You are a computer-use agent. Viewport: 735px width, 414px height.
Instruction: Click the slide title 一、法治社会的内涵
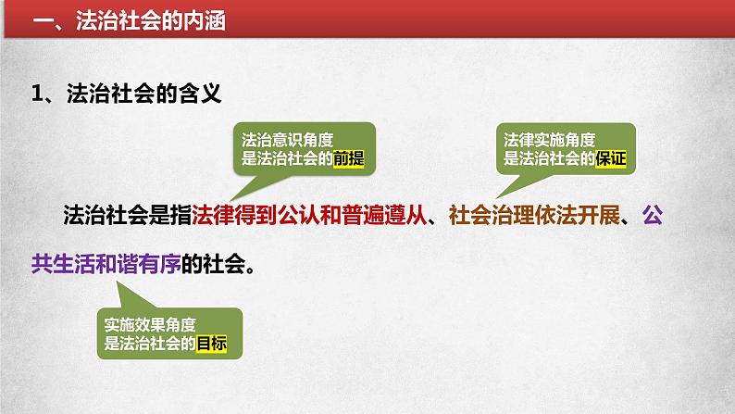[130, 21]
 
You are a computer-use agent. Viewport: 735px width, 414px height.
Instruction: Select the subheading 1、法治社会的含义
[126, 93]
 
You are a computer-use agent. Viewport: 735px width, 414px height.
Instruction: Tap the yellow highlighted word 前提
[348, 158]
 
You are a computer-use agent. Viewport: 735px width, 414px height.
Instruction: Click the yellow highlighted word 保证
[610, 158]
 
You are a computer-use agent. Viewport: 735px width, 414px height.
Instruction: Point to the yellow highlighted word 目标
[211, 344]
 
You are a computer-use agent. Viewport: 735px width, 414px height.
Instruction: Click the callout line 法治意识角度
[287, 140]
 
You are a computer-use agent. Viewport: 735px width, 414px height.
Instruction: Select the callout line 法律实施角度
[549, 140]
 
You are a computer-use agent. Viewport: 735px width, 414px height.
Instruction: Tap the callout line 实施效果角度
[150, 324]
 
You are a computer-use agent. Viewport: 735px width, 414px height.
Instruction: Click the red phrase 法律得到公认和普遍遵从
[309, 215]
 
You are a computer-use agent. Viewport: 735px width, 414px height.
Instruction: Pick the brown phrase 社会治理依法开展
[534, 215]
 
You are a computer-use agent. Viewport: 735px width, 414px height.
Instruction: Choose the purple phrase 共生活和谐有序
[106, 264]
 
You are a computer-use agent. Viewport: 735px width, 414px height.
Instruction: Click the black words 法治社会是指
[128, 215]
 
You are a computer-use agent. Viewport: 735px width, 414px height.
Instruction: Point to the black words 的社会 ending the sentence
[214, 264]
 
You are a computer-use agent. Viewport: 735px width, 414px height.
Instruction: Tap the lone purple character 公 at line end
[653, 215]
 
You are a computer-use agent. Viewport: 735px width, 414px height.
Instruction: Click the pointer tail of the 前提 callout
[230, 201]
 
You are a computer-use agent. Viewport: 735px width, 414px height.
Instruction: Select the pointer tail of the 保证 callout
[496, 198]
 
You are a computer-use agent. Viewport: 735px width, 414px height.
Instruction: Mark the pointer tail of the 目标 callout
[117, 282]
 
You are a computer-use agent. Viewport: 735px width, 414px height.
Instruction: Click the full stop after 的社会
[251, 270]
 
